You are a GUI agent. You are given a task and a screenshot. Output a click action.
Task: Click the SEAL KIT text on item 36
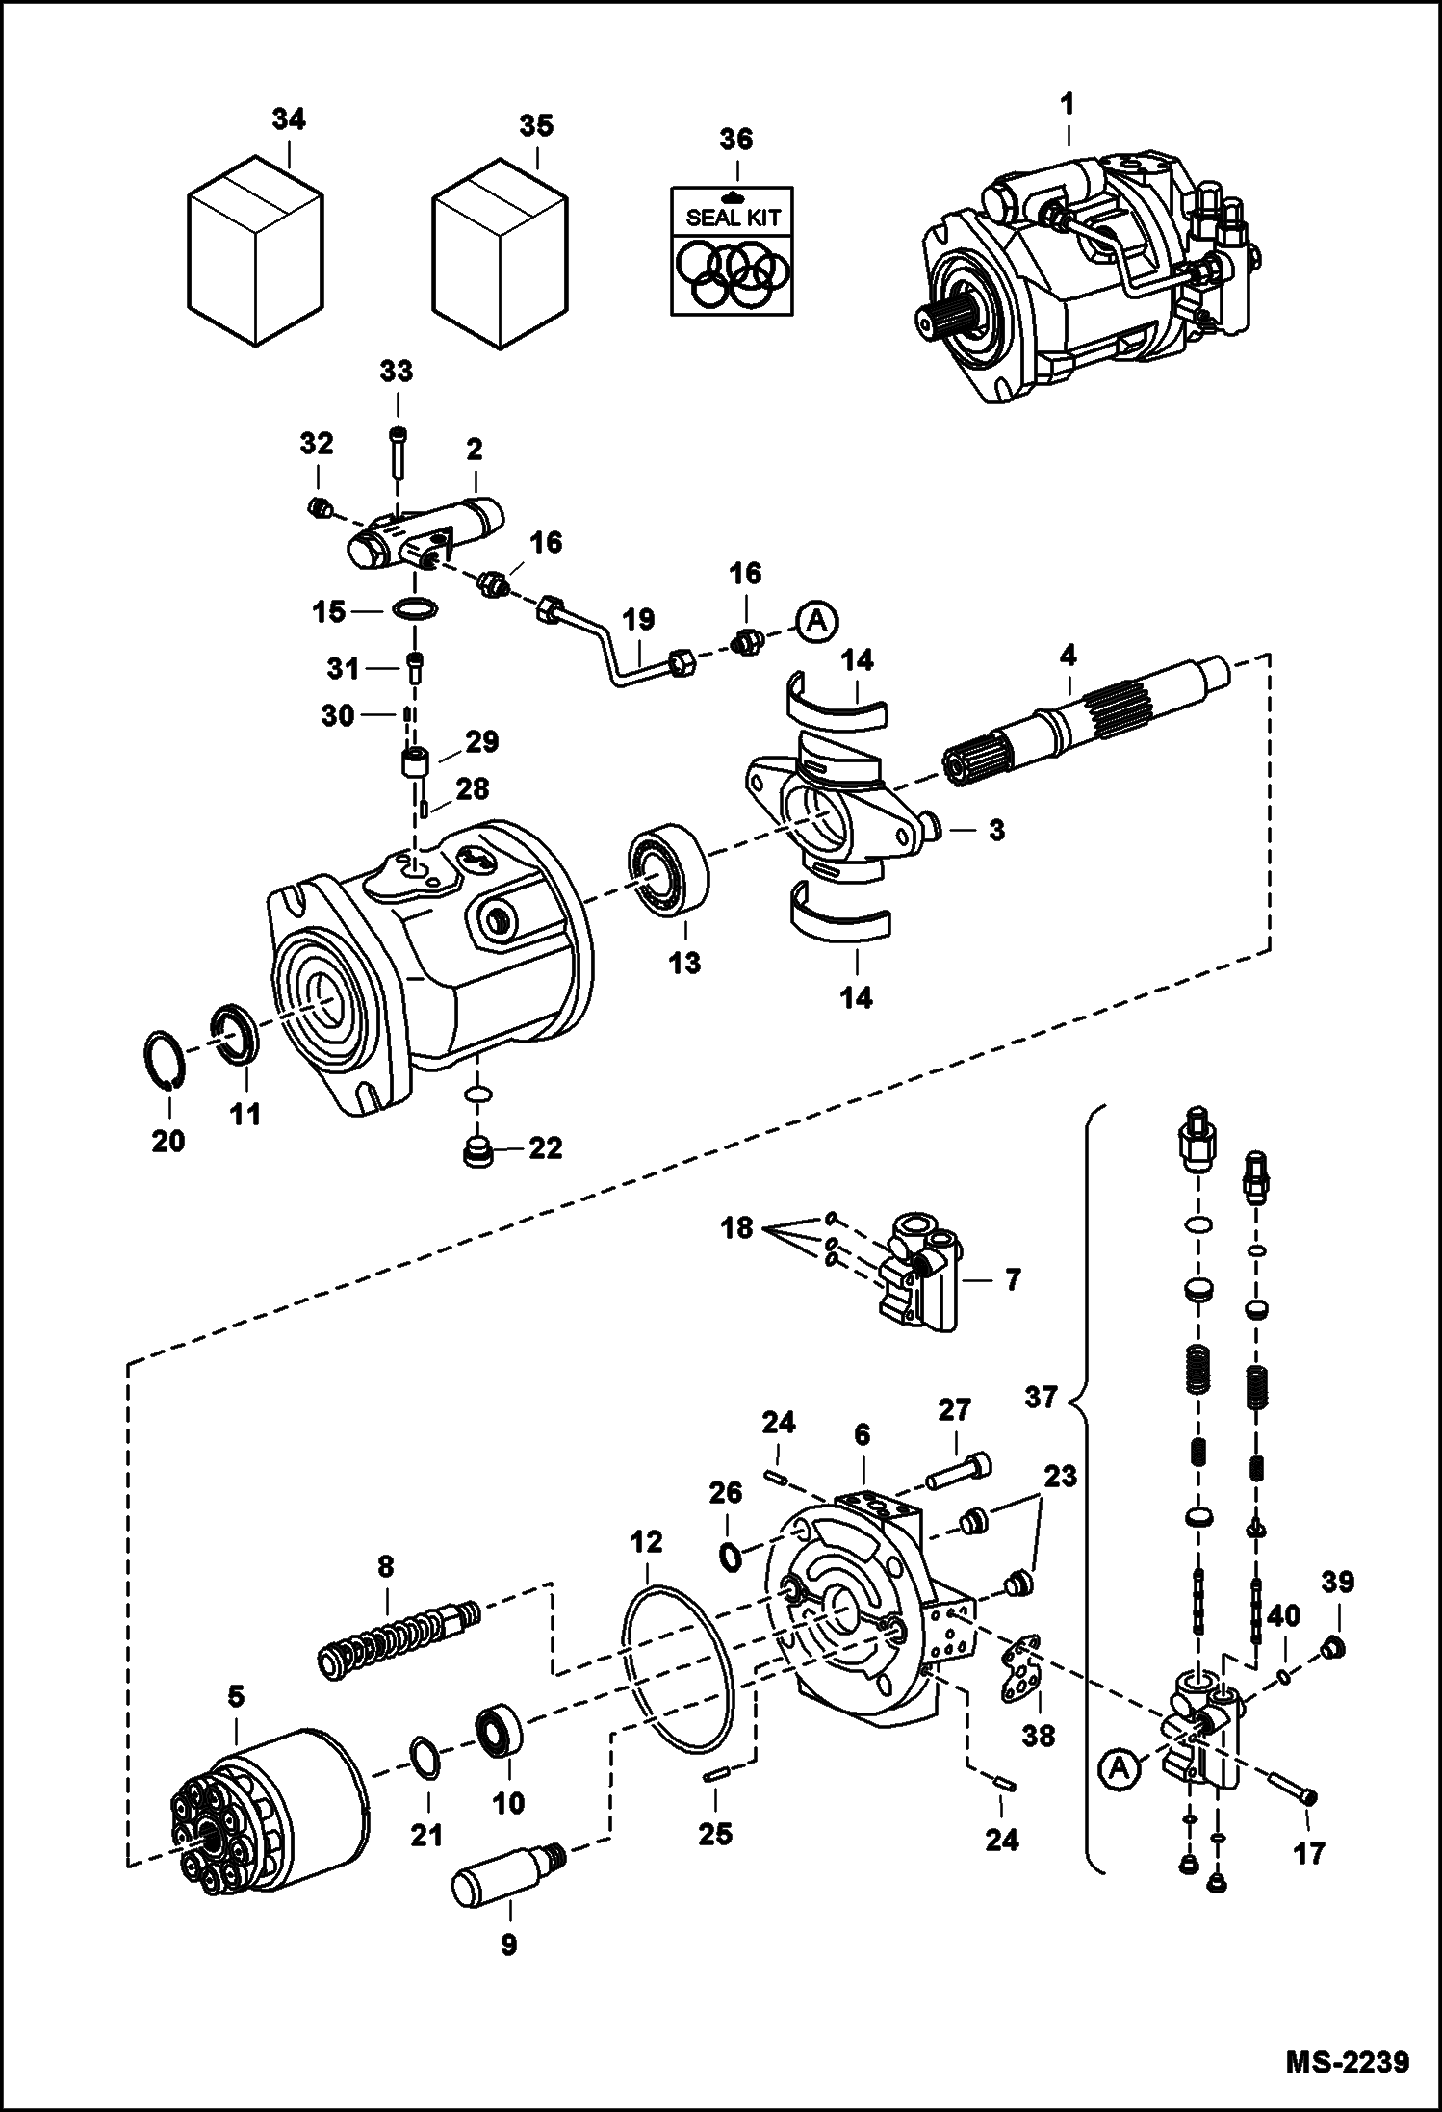coord(733,218)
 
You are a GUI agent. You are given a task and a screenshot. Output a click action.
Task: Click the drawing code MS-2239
coord(1348,2063)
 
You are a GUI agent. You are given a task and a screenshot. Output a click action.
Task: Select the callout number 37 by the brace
coord(1041,1396)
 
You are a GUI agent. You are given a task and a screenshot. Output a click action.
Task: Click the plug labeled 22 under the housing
coord(477,1152)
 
